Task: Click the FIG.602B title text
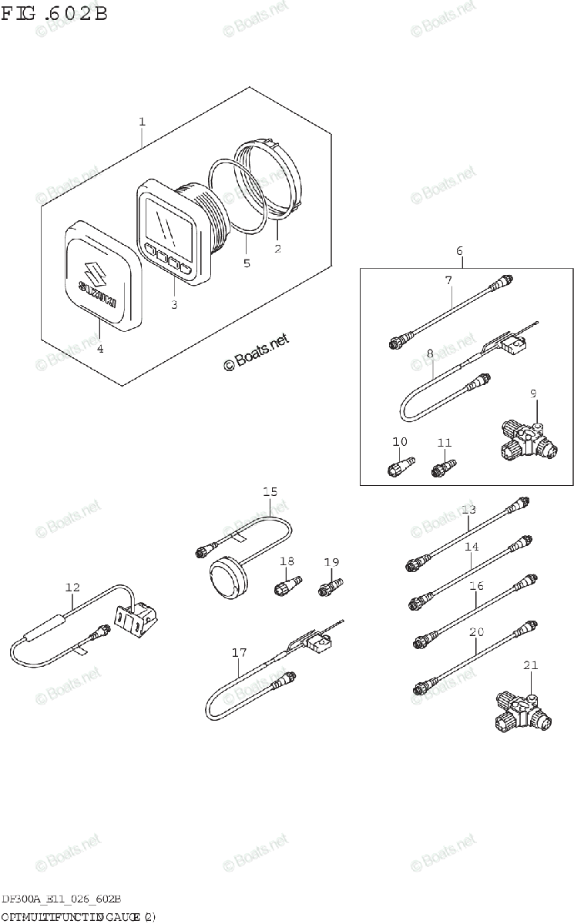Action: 54,14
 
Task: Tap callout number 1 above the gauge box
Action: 142,122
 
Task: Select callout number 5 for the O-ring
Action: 247,263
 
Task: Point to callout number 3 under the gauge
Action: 174,306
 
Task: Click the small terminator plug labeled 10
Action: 401,466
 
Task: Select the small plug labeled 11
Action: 445,467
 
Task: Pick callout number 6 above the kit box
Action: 459,251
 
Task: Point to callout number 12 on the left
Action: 72,588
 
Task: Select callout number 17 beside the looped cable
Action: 239,653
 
